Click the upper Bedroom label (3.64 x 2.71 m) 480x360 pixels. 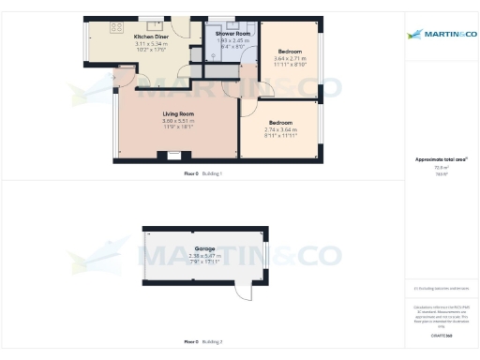point(290,51)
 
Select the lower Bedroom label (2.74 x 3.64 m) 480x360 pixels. point(281,123)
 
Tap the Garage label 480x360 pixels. point(204,248)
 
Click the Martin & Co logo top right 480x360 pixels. point(441,36)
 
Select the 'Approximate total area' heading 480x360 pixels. point(441,160)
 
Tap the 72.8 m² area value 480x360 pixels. point(441,169)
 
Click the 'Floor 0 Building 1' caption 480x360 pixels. point(202,174)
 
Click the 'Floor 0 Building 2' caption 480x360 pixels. point(202,341)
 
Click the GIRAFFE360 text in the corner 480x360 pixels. point(441,335)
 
